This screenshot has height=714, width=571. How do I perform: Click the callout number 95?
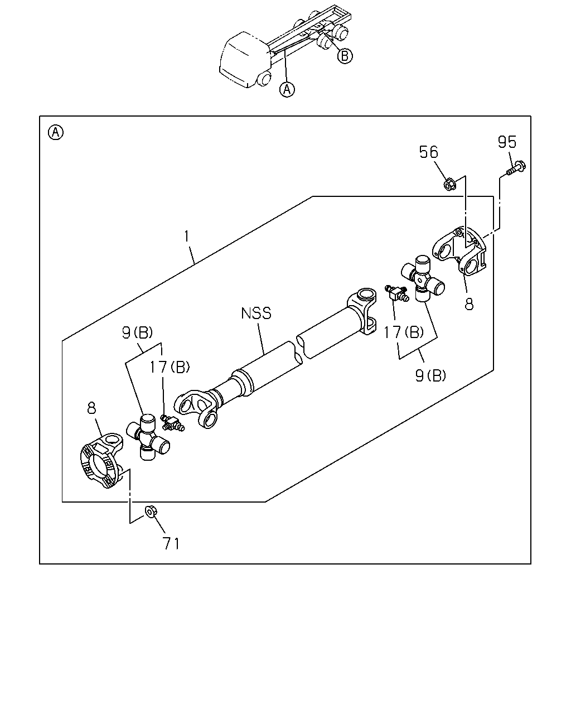click(x=507, y=142)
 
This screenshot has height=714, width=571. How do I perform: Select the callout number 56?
click(x=429, y=152)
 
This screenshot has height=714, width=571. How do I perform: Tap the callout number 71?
click(x=171, y=543)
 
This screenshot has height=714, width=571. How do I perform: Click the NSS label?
click(x=256, y=313)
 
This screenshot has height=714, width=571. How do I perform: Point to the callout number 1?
click(x=187, y=236)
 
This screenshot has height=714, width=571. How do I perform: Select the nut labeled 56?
click(x=449, y=185)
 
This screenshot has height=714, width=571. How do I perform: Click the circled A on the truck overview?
click(x=287, y=89)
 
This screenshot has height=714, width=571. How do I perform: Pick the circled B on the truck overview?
click(x=345, y=56)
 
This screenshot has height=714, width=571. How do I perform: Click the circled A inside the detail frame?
click(x=56, y=132)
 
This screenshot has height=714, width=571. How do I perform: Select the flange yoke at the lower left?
click(x=101, y=461)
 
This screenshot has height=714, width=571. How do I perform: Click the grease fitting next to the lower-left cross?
click(x=172, y=423)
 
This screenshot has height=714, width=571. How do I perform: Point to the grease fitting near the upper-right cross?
click(x=397, y=293)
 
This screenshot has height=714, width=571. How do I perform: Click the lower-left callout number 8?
click(x=91, y=408)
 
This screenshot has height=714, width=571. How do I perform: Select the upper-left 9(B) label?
click(x=137, y=332)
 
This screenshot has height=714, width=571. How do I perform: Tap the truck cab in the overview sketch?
click(x=245, y=59)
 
